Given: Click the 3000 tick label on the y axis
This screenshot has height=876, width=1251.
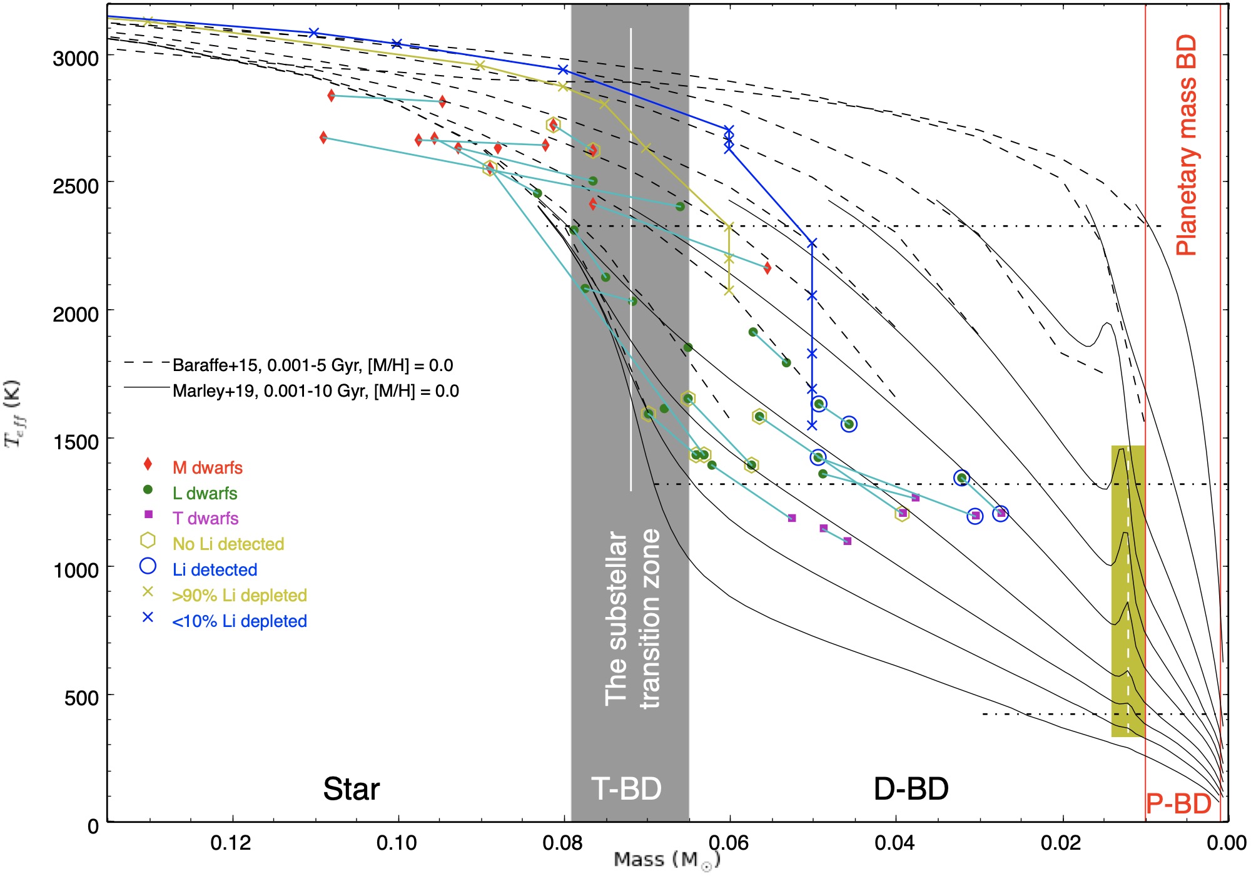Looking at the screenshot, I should pyautogui.click(x=76, y=59).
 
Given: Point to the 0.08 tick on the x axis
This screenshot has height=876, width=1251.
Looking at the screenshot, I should pyautogui.click(x=564, y=843).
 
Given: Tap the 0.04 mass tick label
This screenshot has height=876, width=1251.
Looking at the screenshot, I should pyautogui.click(x=895, y=843).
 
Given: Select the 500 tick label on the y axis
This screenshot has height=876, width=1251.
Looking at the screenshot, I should pyautogui.click(x=81, y=698).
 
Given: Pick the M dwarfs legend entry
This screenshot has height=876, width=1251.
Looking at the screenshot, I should pyautogui.click(x=207, y=467).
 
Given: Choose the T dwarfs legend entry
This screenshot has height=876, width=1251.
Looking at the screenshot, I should pyautogui.click(x=205, y=518).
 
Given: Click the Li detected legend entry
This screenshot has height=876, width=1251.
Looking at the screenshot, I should pyautogui.click(x=215, y=569).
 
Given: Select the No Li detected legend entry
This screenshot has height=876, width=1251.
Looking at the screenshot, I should pyautogui.click(x=228, y=544).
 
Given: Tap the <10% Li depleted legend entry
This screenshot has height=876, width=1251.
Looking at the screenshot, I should pyautogui.click(x=239, y=621).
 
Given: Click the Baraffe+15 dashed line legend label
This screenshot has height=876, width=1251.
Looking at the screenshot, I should pyautogui.click(x=312, y=365).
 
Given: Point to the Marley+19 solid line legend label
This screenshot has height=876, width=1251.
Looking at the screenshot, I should pyautogui.click(x=315, y=391).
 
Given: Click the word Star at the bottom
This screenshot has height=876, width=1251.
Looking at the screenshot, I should pyautogui.click(x=351, y=789).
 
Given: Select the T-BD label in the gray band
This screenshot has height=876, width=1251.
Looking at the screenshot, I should pyautogui.click(x=627, y=789).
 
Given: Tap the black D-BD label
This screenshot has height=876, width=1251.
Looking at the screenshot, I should pyautogui.click(x=911, y=789).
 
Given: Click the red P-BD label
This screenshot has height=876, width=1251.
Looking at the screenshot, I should pyautogui.click(x=1178, y=804).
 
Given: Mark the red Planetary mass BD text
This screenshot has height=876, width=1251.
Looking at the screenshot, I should pyautogui.click(x=1186, y=145).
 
